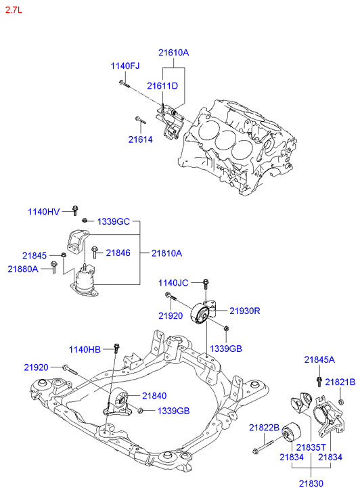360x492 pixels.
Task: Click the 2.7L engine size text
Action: [14, 9]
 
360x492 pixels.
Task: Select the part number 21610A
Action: [173, 52]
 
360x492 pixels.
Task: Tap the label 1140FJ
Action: [125, 66]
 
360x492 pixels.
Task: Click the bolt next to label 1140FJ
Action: [125, 83]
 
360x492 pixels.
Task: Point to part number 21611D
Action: [162, 86]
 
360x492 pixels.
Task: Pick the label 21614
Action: [140, 139]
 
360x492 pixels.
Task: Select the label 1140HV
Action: [43, 212]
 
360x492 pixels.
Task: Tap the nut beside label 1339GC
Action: [84, 221]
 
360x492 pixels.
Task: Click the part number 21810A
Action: [166, 253]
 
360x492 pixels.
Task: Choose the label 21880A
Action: [23, 269]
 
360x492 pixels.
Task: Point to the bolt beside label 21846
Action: [94, 253]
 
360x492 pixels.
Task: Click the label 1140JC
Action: [173, 283]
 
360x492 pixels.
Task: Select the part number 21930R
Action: [245, 311]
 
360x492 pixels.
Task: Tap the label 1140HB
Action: [85, 349]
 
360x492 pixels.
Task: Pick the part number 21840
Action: [154, 396]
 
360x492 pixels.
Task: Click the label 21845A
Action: [319, 359]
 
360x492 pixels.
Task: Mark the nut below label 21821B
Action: [341, 402]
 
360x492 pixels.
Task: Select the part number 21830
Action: [311, 483]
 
